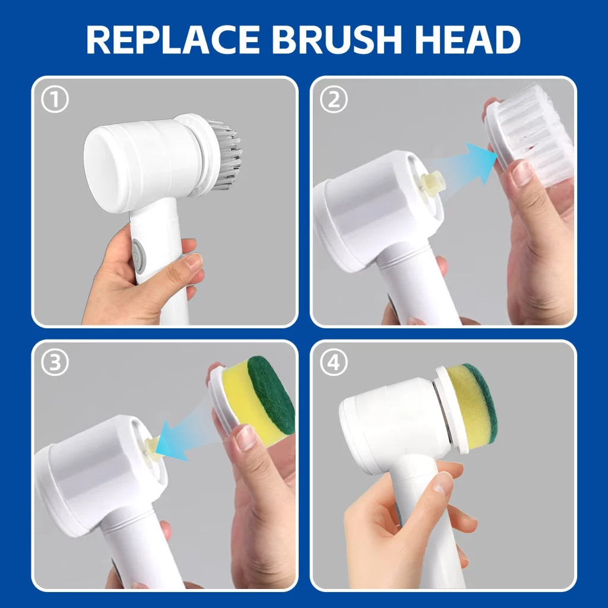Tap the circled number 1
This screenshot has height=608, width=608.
pos(55,100)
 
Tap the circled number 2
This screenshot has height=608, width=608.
pos(334,100)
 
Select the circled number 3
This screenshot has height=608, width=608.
pos(55,363)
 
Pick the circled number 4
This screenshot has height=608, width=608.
pos(334,363)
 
